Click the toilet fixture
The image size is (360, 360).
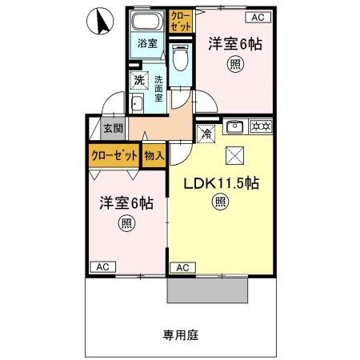tap(181, 58)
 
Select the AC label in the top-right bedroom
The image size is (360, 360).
tap(258, 17)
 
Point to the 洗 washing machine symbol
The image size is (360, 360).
tap(139, 80)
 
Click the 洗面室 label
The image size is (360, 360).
tap(158, 88)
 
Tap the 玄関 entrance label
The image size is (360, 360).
tap(113, 128)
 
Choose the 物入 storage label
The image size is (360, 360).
tap(154, 155)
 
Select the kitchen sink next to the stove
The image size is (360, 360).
tap(235, 125)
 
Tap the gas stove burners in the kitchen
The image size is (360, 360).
tap(260, 125)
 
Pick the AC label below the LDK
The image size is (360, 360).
tap(182, 267)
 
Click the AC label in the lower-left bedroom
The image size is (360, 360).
tap(102, 267)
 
